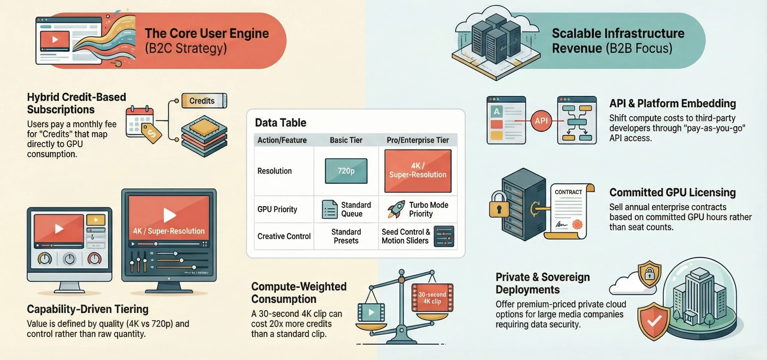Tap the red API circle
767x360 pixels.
click(x=541, y=121)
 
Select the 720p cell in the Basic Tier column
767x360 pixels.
click(x=346, y=171)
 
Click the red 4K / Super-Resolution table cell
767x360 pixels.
click(x=418, y=171)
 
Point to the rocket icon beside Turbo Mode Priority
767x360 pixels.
click(x=396, y=209)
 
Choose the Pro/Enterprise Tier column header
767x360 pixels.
click(x=418, y=140)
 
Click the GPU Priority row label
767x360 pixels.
click(x=277, y=209)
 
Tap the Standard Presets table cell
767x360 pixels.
click(x=346, y=236)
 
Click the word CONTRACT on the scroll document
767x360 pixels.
click(x=568, y=192)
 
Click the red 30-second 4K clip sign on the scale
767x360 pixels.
click(x=432, y=298)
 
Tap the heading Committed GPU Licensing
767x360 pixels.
click(x=672, y=193)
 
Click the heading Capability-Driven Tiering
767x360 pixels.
click(x=87, y=309)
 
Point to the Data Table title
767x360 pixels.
click(x=280, y=123)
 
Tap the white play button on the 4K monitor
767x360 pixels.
click(x=169, y=215)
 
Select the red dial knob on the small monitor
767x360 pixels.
click(x=94, y=259)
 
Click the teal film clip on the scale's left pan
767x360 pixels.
click(x=371, y=312)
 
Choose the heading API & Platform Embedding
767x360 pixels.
click(x=672, y=104)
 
